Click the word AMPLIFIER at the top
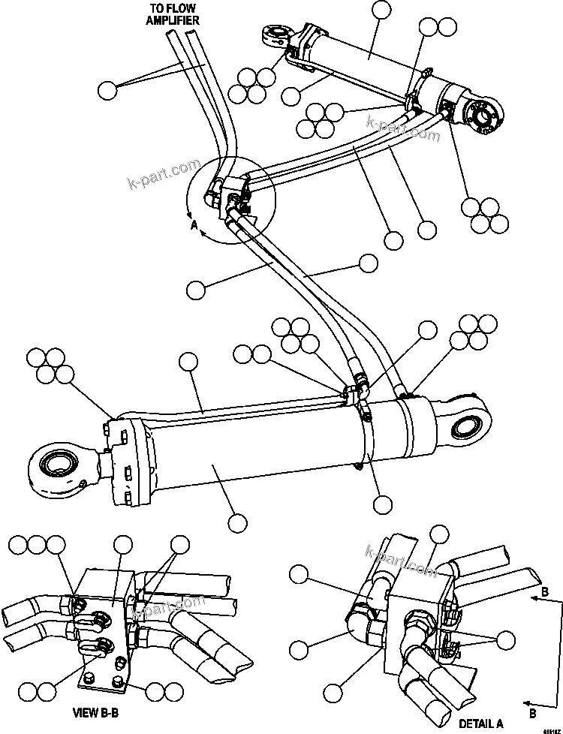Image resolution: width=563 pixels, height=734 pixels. pos(172,20)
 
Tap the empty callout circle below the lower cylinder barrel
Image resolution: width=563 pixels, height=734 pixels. pos(238,522)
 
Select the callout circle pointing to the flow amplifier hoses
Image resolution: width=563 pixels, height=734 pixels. pos(108,89)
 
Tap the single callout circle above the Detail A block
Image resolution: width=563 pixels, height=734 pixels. pos(439,534)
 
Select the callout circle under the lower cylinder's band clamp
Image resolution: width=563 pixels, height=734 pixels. pos(383,504)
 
